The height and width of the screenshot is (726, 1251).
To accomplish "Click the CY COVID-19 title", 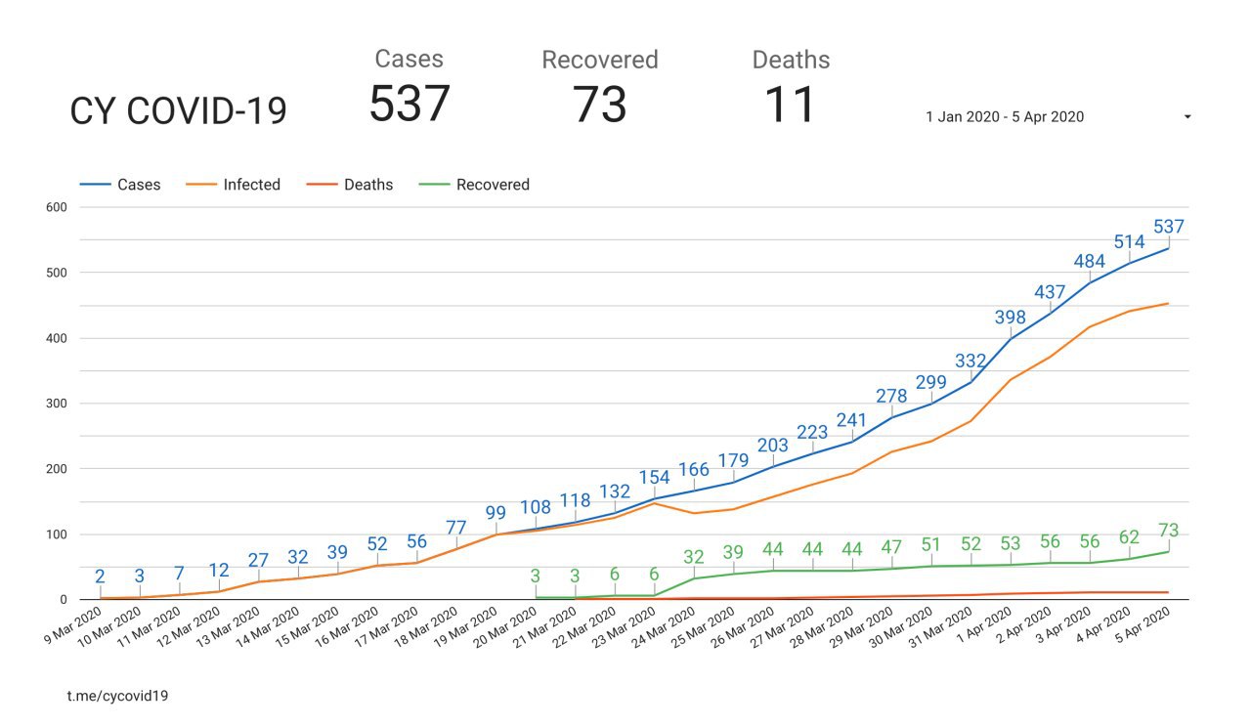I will click(x=178, y=111).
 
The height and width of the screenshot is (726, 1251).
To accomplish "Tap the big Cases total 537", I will click(x=409, y=103).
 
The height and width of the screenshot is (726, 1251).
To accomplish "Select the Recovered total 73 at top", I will click(x=599, y=104).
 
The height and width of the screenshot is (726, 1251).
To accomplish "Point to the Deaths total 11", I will click(x=790, y=104).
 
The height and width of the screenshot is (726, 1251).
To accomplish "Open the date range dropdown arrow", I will click(x=1186, y=117).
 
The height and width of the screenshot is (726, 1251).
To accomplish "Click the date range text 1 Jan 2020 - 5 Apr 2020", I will click(x=1005, y=116).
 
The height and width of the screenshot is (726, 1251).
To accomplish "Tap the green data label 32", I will click(x=694, y=557).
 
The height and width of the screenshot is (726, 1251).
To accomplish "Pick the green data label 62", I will click(x=1130, y=536).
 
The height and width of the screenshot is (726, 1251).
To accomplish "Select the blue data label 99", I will click(x=496, y=513).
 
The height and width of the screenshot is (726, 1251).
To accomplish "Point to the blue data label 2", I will click(x=100, y=577).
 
